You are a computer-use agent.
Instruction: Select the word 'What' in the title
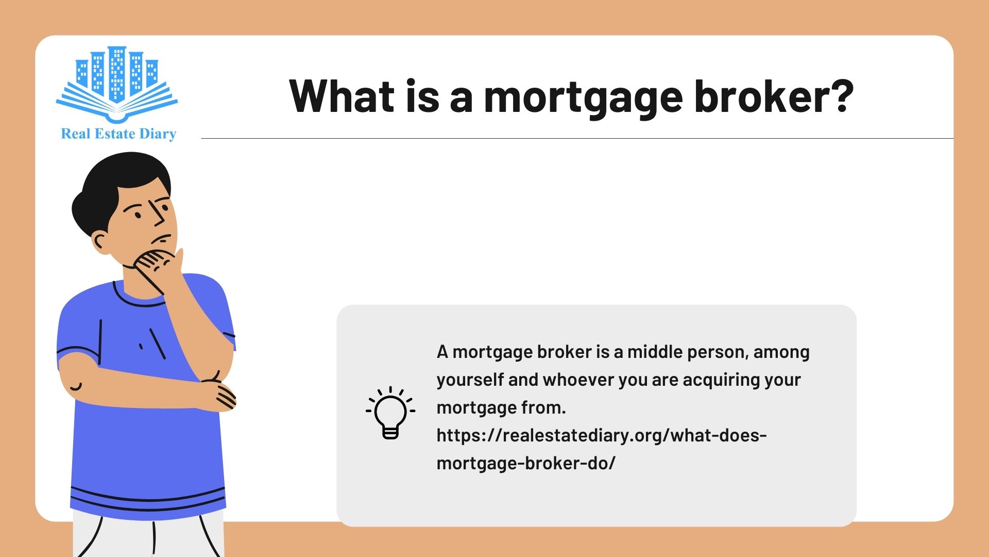[x=342, y=96]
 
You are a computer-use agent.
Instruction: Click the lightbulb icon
[x=390, y=412]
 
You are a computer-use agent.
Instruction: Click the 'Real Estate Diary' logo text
[x=118, y=134]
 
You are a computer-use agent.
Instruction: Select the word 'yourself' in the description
[x=470, y=381]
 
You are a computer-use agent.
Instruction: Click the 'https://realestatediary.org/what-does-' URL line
[x=602, y=436]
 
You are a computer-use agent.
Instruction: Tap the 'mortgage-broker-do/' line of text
[x=526, y=464]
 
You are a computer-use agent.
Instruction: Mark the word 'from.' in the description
[x=543, y=407]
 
